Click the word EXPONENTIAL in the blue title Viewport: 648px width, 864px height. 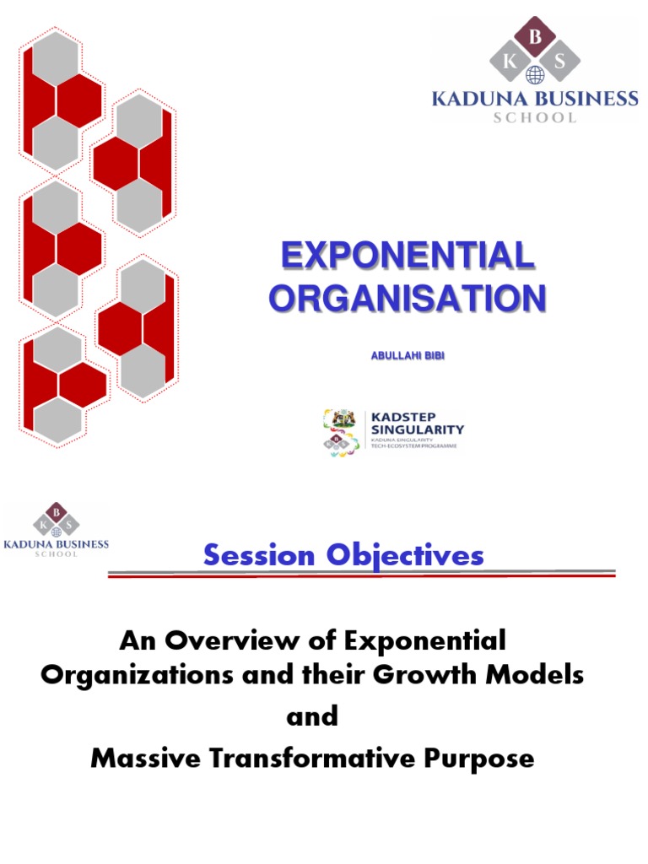pyautogui.click(x=407, y=256)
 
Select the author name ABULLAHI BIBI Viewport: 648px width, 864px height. pyautogui.click(x=408, y=356)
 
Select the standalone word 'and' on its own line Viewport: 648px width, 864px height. pyautogui.click(x=312, y=716)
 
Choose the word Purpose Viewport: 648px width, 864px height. pyautogui.click(x=482, y=758)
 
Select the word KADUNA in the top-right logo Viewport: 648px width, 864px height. pyautogui.click(x=475, y=99)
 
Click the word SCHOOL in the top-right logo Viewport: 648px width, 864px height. pyautogui.click(x=535, y=118)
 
